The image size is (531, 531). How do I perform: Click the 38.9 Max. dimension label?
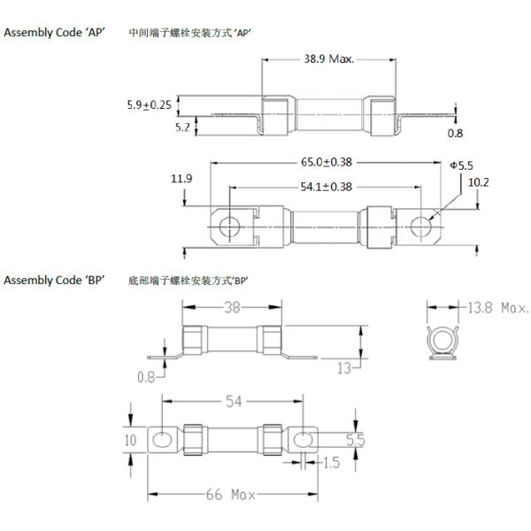[327, 59]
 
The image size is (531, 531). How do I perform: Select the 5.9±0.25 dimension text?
[149, 104]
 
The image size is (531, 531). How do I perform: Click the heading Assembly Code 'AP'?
[55, 33]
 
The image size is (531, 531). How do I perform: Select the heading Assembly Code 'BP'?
[55, 281]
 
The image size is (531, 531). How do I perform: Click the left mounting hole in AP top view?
[228, 227]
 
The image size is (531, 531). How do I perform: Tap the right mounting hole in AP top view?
[419, 227]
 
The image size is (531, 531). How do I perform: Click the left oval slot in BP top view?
[164, 438]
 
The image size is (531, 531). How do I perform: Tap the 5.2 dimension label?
[182, 127]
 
